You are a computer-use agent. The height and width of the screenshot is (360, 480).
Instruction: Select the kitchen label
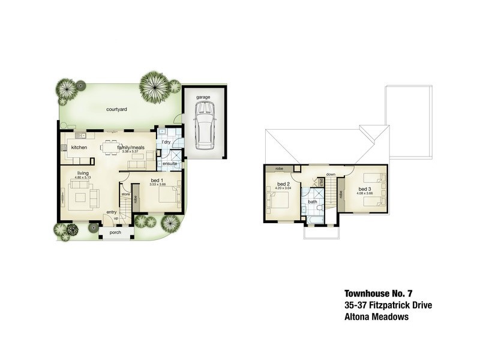80,147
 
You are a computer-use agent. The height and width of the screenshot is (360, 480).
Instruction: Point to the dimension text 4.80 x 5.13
83,178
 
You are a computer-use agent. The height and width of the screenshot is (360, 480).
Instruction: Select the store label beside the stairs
126,194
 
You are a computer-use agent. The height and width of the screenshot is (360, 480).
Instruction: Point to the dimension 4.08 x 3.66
365,194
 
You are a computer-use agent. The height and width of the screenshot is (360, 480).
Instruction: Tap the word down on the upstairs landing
331,175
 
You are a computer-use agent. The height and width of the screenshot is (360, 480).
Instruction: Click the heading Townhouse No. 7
379,294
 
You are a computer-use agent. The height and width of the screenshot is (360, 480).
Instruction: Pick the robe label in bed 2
280,169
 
